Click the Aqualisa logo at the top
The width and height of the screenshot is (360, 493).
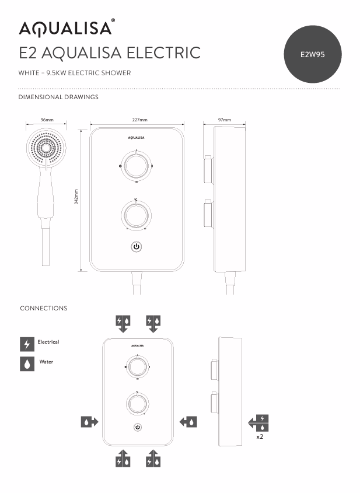(66, 28)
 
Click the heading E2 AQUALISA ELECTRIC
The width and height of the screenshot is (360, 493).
(110, 53)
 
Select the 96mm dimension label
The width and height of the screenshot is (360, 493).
(47, 120)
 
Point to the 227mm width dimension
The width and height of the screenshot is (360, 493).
(139, 120)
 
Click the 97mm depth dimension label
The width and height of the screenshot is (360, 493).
(224, 120)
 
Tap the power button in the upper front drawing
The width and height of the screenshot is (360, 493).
(137, 247)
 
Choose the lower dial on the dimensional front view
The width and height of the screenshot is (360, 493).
(137, 215)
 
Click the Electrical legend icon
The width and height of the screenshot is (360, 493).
(27, 344)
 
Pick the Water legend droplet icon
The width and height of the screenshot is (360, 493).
(27, 363)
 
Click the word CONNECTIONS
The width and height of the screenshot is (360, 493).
(44, 308)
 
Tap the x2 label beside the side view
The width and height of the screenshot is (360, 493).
(260, 436)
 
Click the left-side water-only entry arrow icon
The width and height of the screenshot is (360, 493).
(89, 421)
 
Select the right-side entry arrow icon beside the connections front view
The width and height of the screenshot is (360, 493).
(188, 421)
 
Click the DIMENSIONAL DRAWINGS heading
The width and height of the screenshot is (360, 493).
(58, 97)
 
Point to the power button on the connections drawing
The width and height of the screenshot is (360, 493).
(138, 427)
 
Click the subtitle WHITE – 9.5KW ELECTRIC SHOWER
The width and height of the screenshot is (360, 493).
(75, 73)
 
